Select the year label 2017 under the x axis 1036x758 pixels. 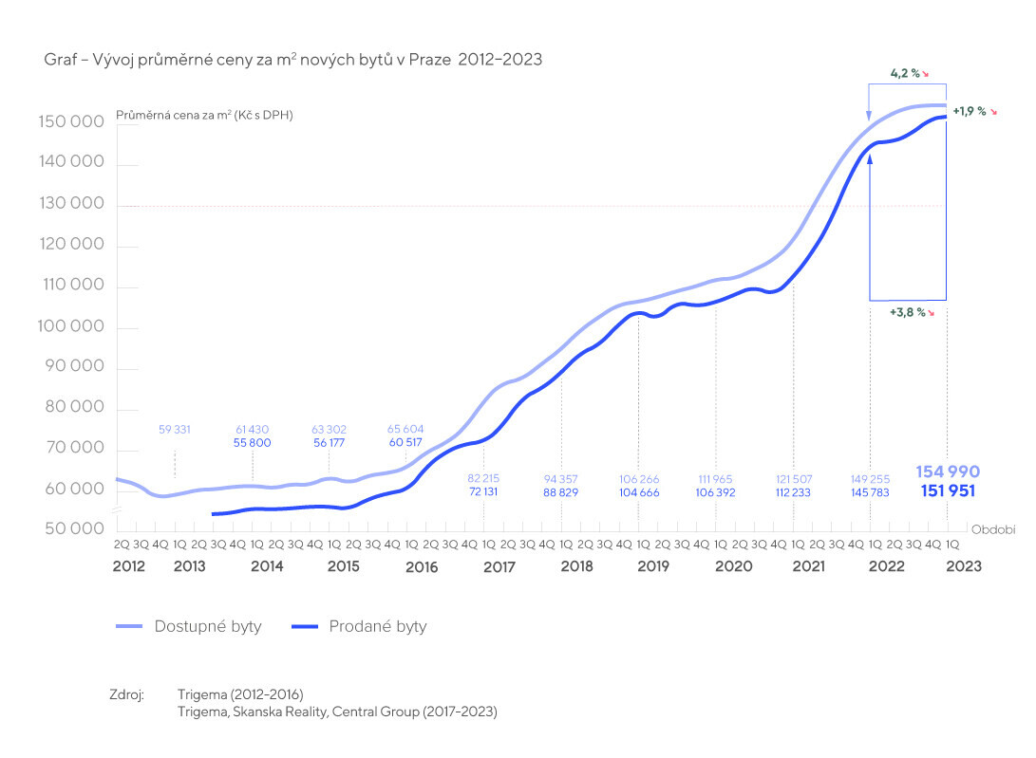click(x=499, y=566)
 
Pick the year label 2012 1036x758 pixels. click(x=128, y=566)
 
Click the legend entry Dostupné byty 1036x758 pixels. click(x=207, y=626)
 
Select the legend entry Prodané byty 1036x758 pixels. click(x=378, y=626)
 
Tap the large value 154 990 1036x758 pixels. click(x=947, y=471)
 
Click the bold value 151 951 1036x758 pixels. click(x=947, y=490)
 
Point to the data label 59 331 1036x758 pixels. click(x=174, y=430)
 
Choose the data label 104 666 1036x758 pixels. click(x=638, y=493)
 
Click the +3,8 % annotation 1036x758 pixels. click(x=907, y=312)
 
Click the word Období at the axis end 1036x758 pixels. click(x=990, y=528)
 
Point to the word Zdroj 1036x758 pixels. click(x=126, y=695)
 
